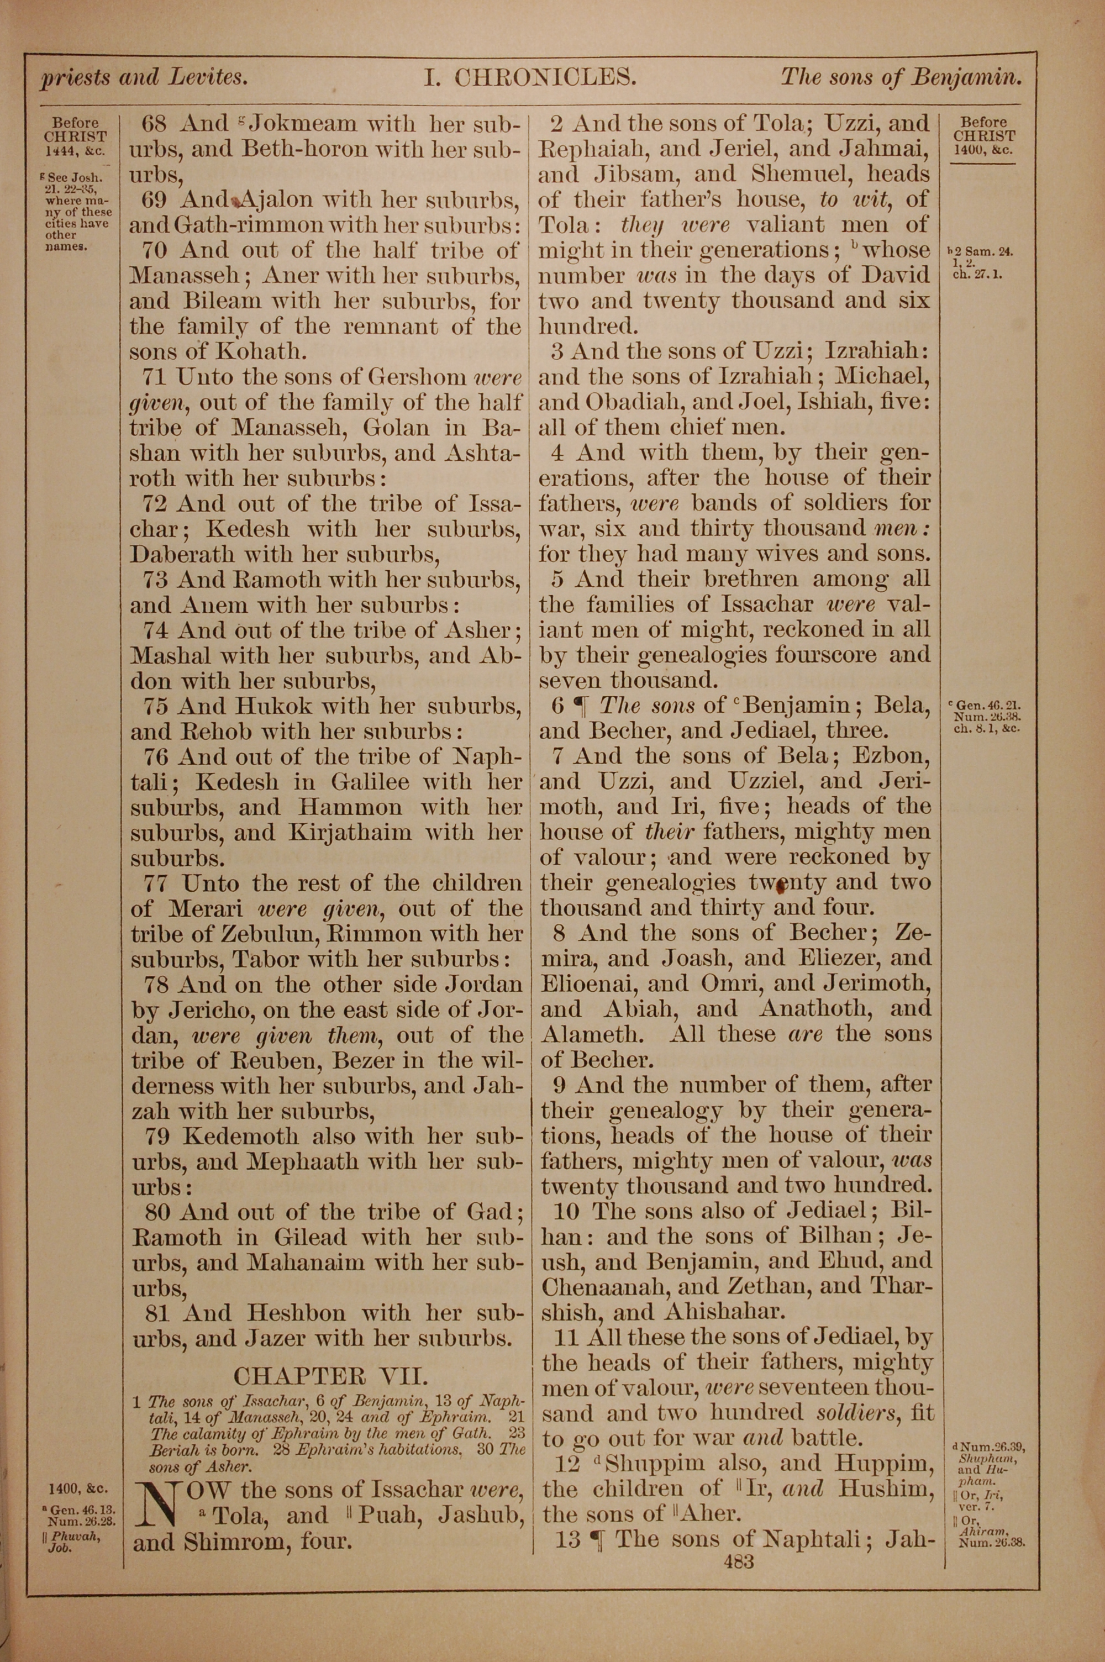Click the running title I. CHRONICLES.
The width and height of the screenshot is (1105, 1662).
pyautogui.click(x=530, y=77)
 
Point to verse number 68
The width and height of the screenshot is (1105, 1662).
pyautogui.click(x=154, y=124)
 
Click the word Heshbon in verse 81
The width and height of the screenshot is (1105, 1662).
pyautogui.click(x=295, y=1313)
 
